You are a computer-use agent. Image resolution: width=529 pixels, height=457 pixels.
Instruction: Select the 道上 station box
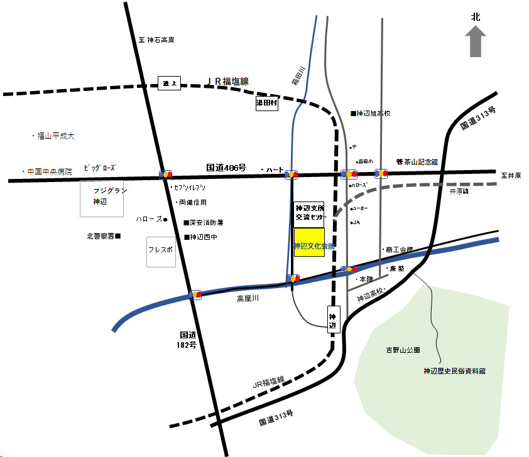[x=168, y=83]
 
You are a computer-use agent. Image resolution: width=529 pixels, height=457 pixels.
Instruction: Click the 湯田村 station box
[x=266, y=104]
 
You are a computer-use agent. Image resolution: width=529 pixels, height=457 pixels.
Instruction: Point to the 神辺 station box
[x=333, y=318]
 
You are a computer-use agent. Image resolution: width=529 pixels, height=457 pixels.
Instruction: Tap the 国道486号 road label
[x=224, y=168]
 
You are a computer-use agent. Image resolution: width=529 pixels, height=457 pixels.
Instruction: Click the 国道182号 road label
[x=188, y=340]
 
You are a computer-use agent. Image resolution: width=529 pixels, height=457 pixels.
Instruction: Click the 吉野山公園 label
[x=403, y=350]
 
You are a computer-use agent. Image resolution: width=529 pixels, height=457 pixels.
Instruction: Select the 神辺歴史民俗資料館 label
[x=454, y=372]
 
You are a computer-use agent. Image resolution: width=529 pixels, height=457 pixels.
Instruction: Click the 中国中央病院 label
[x=49, y=171]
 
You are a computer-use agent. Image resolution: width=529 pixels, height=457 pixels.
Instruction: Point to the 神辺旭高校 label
[x=373, y=114]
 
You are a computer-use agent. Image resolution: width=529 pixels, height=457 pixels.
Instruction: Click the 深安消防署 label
[x=205, y=223]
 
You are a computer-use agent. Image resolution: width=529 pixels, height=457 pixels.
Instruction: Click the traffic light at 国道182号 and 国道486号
[x=166, y=174]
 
